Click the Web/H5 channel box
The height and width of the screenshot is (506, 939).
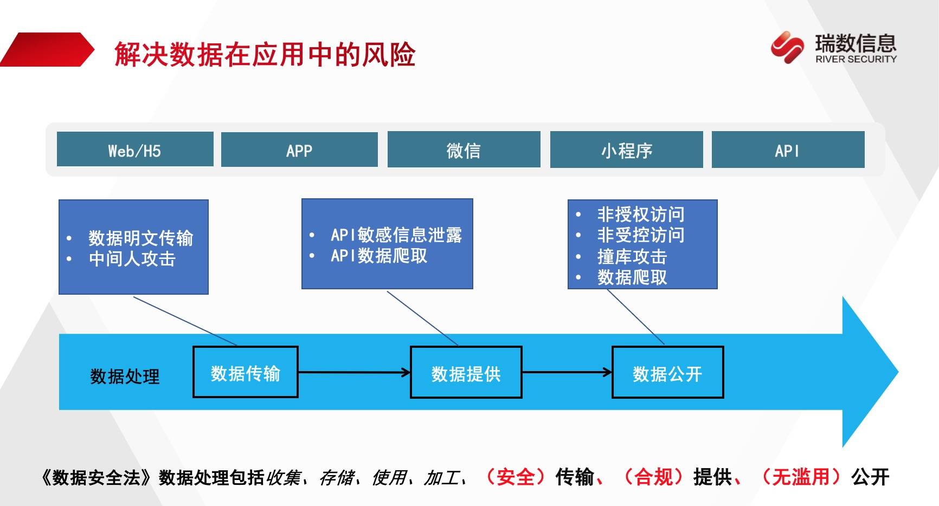point(135,150)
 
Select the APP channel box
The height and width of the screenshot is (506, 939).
point(299,150)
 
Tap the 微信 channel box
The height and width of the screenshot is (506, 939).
point(464,150)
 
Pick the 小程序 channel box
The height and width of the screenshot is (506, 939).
point(626,150)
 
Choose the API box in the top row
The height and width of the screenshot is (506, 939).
point(787,150)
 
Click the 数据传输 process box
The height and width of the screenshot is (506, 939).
point(245,373)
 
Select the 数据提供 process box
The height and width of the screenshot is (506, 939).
point(466,373)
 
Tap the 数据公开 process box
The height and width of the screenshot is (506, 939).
point(667,373)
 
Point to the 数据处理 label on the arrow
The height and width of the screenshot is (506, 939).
point(125,376)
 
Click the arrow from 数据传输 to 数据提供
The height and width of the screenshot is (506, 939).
point(354,372)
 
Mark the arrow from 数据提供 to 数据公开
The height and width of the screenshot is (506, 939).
point(567,372)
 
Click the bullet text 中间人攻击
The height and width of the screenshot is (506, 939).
point(132,259)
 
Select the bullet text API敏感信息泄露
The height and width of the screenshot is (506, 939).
point(396,235)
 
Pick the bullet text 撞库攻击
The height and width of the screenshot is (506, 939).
point(632,256)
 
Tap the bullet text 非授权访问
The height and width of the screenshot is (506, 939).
point(641,215)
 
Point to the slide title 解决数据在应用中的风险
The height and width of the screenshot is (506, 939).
point(265,55)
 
